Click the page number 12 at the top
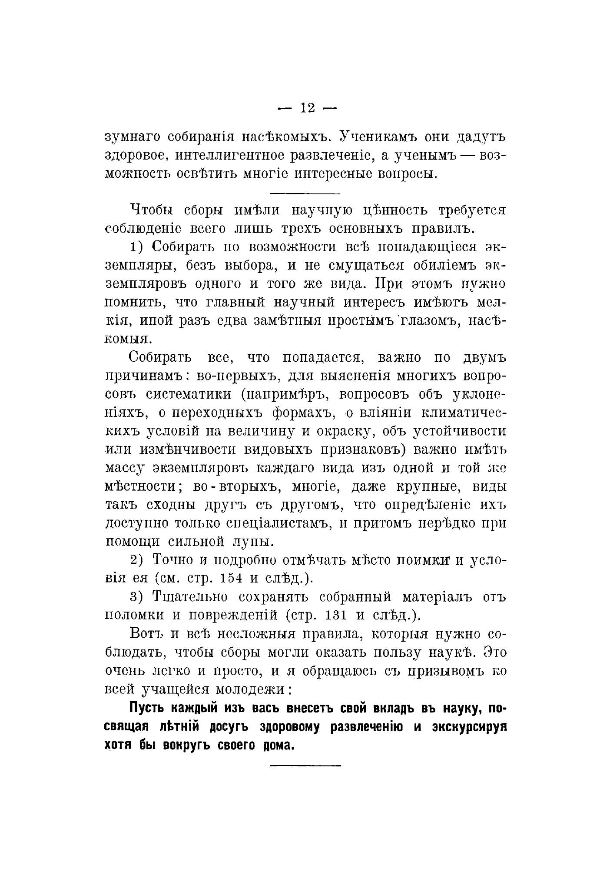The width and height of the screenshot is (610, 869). [307, 108]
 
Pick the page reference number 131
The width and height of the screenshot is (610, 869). [336, 616]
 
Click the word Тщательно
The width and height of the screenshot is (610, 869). [189, 597]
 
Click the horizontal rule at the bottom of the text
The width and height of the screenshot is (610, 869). [305, 765]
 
